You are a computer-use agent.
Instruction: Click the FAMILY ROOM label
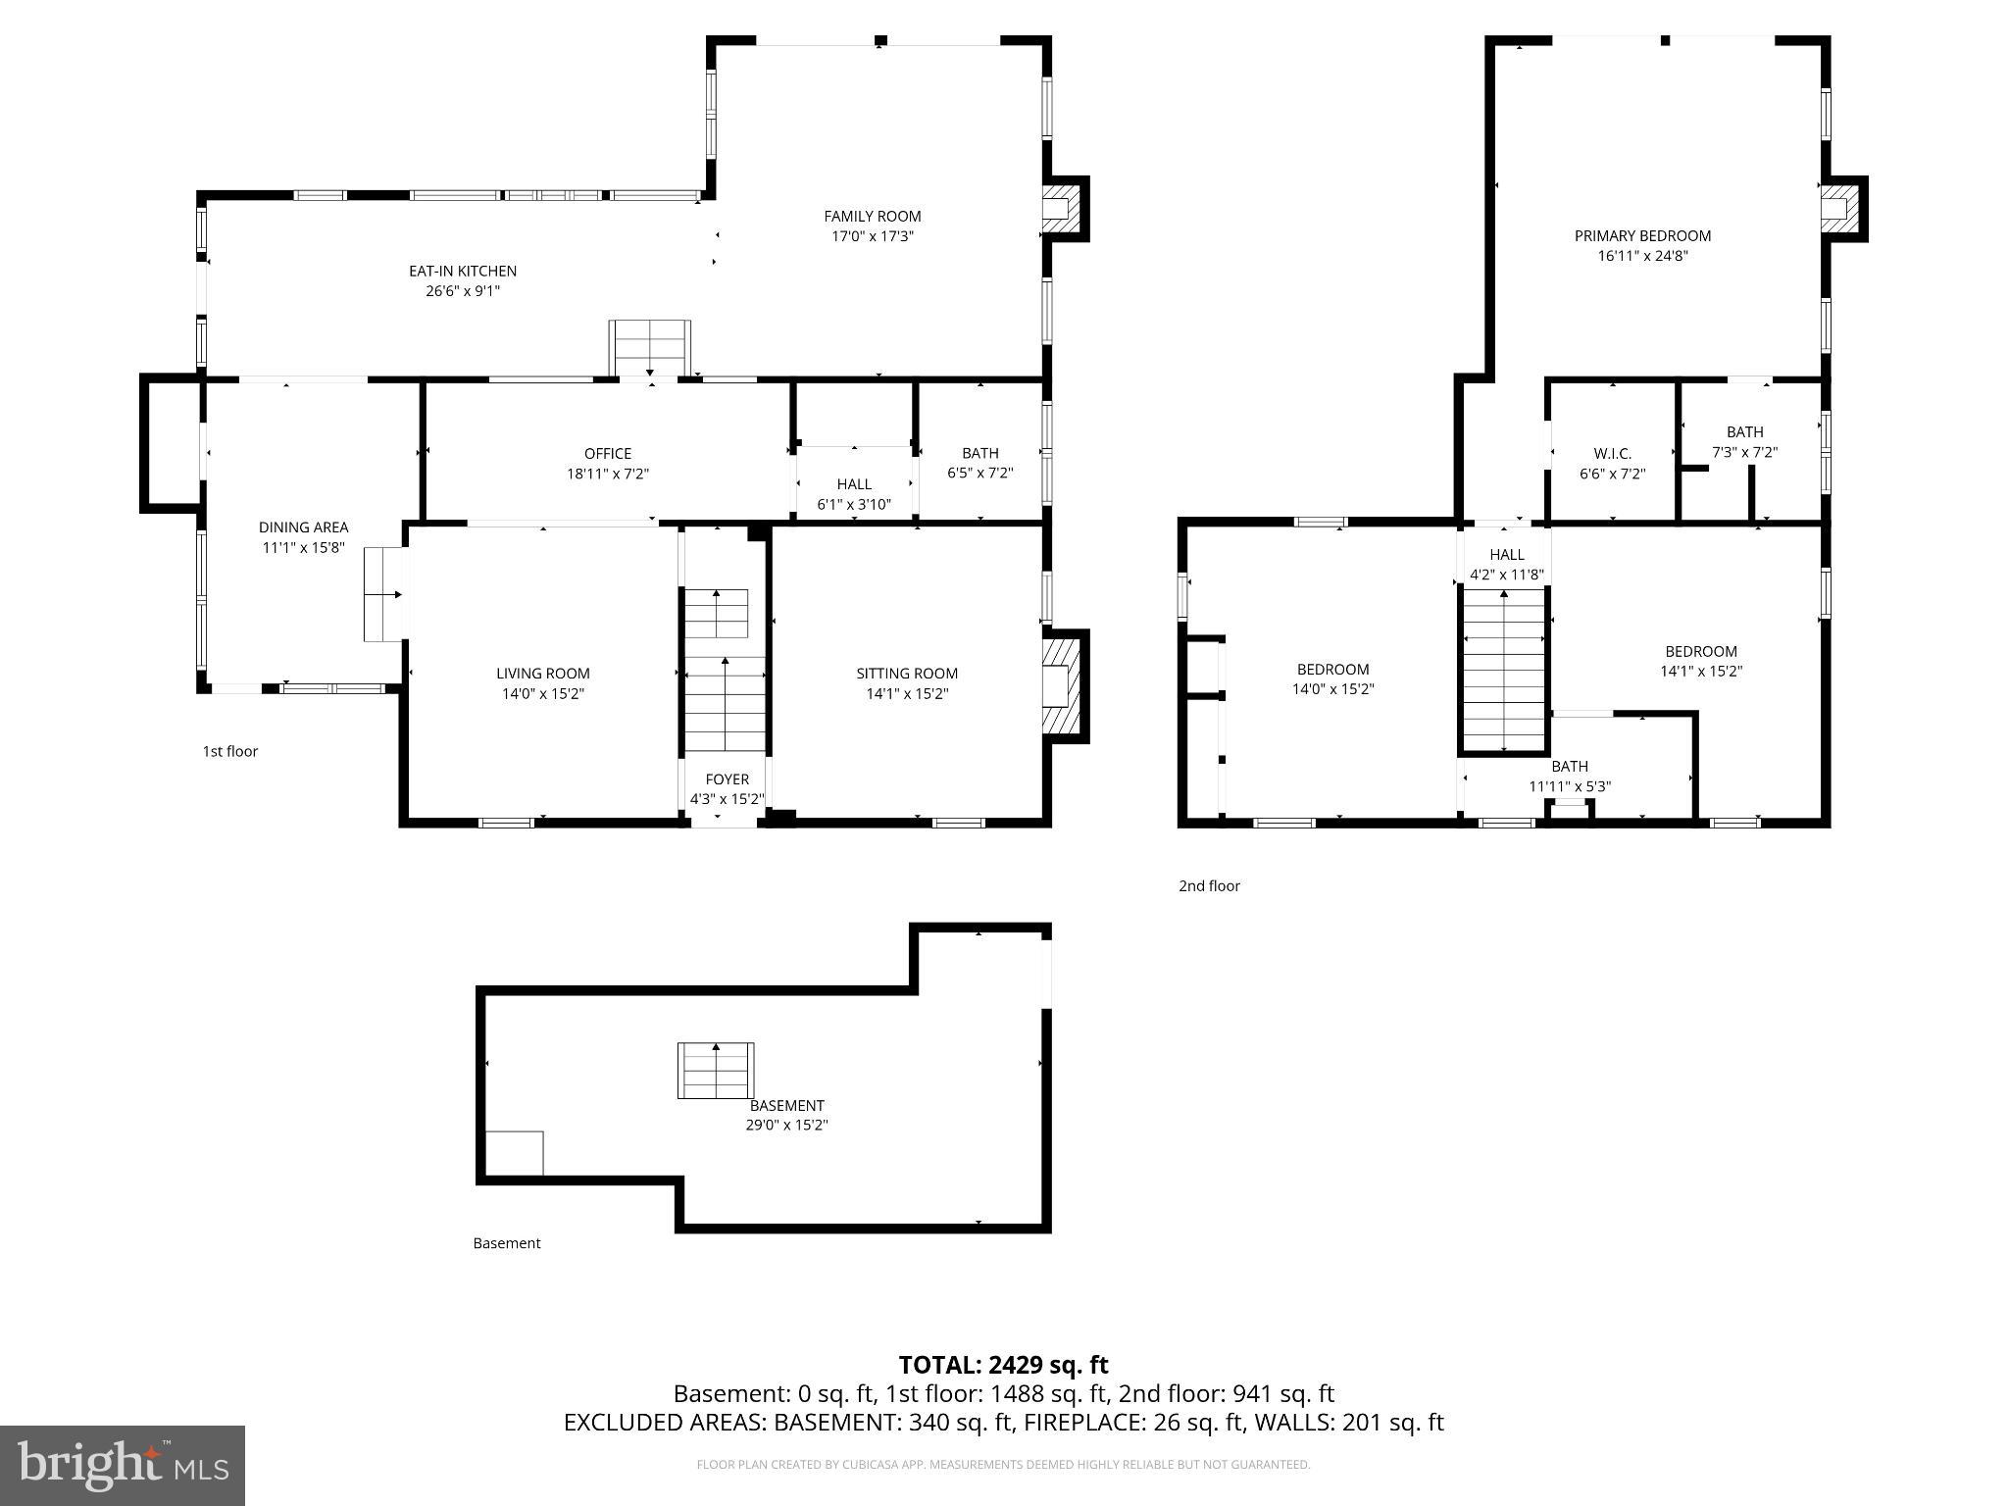[872, 217]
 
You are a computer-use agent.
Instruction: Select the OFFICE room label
[608, 453]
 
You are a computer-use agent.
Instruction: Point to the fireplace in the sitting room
[1062, 685]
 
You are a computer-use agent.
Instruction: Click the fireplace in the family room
[1061, 209]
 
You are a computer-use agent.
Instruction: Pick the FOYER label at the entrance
[727, 779]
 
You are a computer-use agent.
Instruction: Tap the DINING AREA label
[303, 527]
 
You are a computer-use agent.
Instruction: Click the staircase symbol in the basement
[716, 1070]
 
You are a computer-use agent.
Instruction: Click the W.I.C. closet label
[1612, 453]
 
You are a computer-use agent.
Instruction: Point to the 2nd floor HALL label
[1507, 555]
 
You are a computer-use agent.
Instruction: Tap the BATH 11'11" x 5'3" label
[1570, 776]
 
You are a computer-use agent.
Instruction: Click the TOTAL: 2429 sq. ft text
[1003, 1365]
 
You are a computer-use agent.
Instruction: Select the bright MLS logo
[123, 1465]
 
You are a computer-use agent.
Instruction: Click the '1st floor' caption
[230, 752]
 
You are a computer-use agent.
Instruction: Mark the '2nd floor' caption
[1209, 886]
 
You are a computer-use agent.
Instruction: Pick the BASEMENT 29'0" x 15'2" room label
[786, 1115]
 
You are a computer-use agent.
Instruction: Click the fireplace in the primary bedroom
[1839, 209]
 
